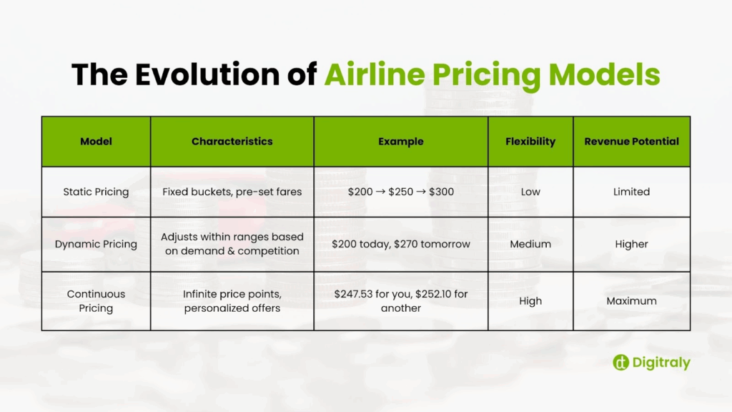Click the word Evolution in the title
pos(207,74)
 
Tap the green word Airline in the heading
pos(375,74)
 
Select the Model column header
pos(97,142)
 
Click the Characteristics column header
pos(232,142)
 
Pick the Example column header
pos(401,142)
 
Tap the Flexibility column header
pos(530,142)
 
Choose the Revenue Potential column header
pos(632,142)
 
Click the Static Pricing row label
pos(97,192)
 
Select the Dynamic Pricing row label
pos(97,245)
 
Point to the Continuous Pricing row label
pos(97,301)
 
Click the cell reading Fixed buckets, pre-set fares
pos(232,192)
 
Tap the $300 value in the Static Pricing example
pos(441,192)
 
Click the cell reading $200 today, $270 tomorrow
pos(401,245)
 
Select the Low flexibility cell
pos(530,192)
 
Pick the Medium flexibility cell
pos(530,245)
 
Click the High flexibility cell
pos(530,301)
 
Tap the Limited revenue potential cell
pos(632,192)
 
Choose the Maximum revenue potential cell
pos(632,301)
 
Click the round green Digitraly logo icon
pos(621,363)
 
